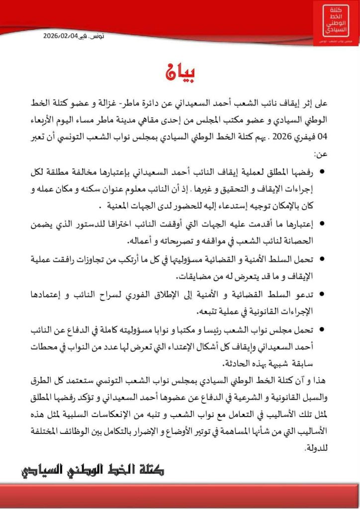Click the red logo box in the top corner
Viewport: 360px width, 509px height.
pos(336,22)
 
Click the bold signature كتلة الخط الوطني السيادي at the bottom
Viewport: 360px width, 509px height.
pos(92,469)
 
